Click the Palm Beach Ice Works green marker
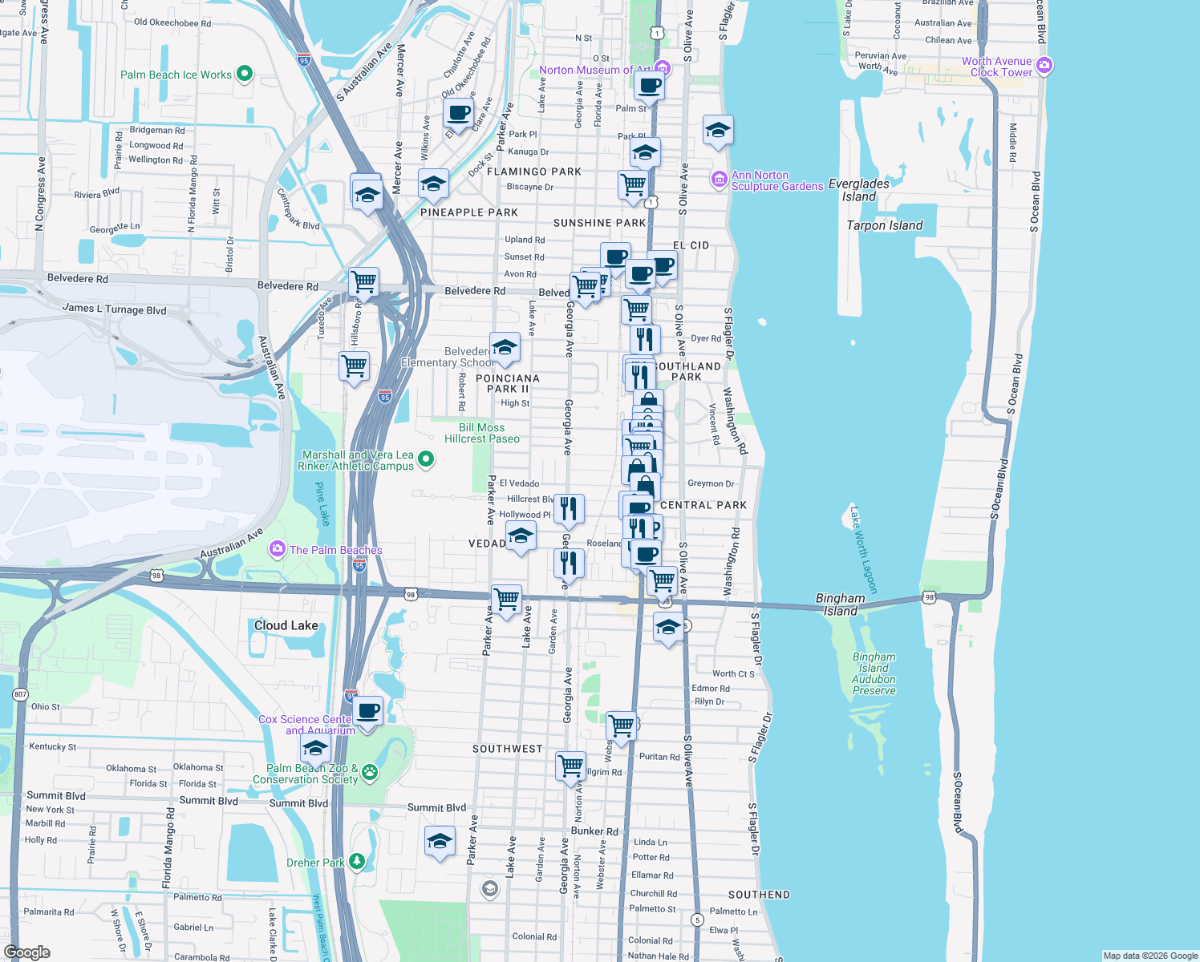point(245,75)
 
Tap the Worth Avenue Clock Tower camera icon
point(1044,66)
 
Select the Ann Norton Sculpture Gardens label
point(776,181)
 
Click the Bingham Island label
point(841,604)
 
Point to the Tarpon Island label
point(885,226)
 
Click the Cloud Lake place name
point(286,625)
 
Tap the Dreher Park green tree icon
point(357,862)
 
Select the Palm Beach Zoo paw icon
point(370,772)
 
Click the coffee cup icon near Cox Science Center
point(368,711)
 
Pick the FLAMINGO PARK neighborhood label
point(534,172)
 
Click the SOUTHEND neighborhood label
point(759,895)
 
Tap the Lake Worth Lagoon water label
point(864,550)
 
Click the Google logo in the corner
point(27,952)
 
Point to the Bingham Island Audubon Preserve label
point(874,673)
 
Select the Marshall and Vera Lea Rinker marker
point(427,459)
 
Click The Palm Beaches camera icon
point(278,549)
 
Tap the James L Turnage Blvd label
point(114,309)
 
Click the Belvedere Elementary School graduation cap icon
point(505,348)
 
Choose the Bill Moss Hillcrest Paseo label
point(482,433)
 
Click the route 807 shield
point(20,694)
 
